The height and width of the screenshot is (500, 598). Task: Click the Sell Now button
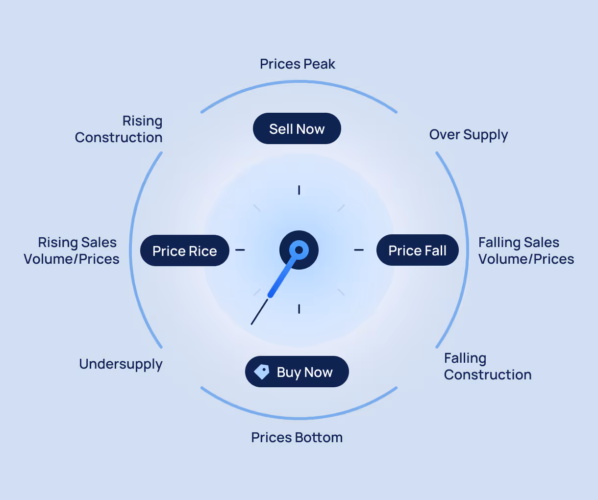click(x=297, y=128)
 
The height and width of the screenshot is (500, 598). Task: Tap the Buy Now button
click(x=297, y=372)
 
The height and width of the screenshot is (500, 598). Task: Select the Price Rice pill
click(x=184, y=250)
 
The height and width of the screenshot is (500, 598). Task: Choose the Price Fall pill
click(x=417, y=250)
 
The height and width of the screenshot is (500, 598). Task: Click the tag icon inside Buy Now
click(x=262, y=372)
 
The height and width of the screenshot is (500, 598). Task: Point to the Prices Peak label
click(x=297, y=64)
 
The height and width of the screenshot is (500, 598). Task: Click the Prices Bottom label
click(x=297, y=437)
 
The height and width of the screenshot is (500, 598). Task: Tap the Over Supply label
click(x=468, y=135)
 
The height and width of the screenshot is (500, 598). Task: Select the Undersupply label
click(x=121, y=364)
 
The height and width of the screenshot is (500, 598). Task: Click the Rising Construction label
click(x=119, y=129)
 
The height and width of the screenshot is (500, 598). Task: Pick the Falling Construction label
click(x=487, y=366)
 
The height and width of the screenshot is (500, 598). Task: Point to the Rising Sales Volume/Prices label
click(x=72, y=250)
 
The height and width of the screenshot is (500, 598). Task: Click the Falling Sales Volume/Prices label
click(x=525, y=250)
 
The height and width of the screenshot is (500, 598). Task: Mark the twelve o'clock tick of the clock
click(x=299, y=190)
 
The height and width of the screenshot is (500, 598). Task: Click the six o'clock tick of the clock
click(x=299, y=309)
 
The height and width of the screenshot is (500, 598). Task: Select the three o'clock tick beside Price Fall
click(x=359, y=250)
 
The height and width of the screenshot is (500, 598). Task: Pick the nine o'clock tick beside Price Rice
click(x=240, y=250)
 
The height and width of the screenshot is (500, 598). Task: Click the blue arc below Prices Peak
click(x=299, y=82)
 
